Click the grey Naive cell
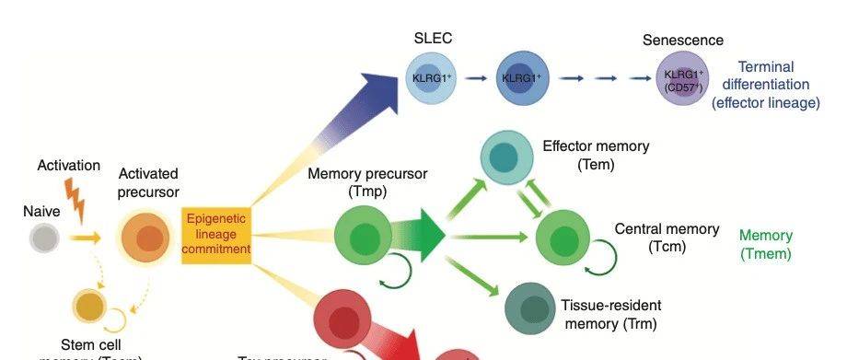coord(43,238)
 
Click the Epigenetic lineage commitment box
coord(216,236)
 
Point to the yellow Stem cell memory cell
coord(90,305)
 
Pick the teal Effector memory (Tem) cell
coord(507,156)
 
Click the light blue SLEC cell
coord(433,78)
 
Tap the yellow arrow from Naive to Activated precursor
coord(88,238)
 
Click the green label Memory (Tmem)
coord(765,245)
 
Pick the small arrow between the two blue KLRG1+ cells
coord(476,78)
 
